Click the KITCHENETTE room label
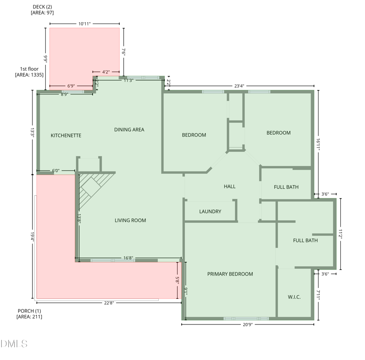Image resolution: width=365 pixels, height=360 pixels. point(66,136)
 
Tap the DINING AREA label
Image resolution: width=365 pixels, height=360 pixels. point(129,130)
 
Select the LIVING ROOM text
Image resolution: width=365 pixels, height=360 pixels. point(130,220)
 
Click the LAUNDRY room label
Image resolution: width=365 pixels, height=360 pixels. point(210,212)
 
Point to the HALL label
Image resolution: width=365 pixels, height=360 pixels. point(229,187)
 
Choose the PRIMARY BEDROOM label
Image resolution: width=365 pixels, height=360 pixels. point(230,274)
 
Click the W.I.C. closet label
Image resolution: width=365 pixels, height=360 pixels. point(294,297)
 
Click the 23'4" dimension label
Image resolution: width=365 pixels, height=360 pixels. point(240,86)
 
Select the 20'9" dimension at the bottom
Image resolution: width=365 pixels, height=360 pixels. point(247,325)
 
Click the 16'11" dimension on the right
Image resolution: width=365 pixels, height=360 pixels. point(318,142)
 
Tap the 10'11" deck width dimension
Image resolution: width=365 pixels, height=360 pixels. point(84,23)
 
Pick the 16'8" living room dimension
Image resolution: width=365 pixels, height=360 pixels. point(128,258)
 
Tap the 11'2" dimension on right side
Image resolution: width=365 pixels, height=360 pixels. point(341,234)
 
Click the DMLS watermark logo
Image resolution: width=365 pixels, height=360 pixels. point(14,344)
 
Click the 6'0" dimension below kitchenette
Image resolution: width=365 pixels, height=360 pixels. point(56,171)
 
